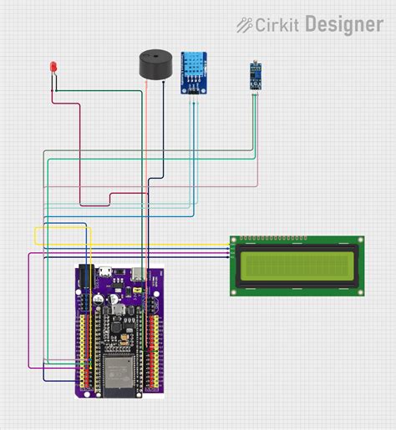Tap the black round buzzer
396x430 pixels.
(x=156, y=65)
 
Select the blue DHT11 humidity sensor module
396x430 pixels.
(x=195, y=73)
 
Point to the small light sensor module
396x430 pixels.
(x=251, y=76)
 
